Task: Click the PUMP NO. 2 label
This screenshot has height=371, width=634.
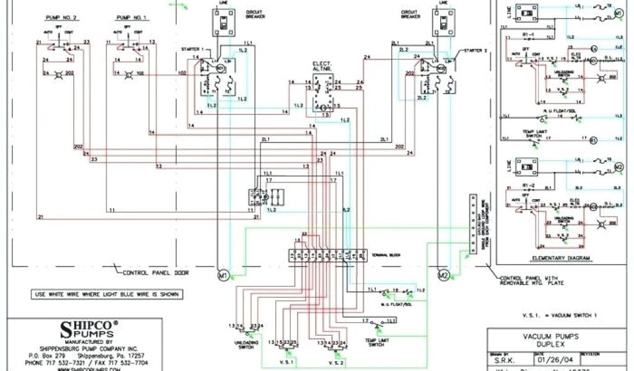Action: [x=59, y=18]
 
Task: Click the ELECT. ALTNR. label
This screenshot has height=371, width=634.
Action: [x=321, y=67]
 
